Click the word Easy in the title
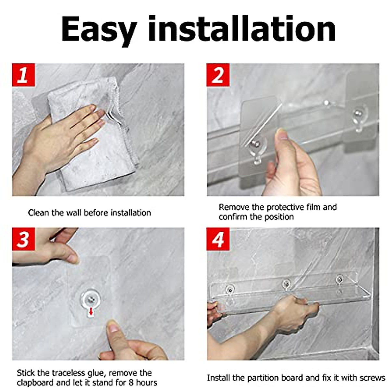pyautogui.click(x=99, y=30)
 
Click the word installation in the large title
pyautogui.click(x=242, y=29)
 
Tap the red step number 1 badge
pyautogui.click(x=23, y=75)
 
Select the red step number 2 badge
pyautogui.click(x=218, y=75)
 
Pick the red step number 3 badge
pyautogui.click(x=23, y=239)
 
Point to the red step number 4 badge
pyautogui.click(x=218, y=239)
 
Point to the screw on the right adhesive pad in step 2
pyautogui.click(x=357, y=112)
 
